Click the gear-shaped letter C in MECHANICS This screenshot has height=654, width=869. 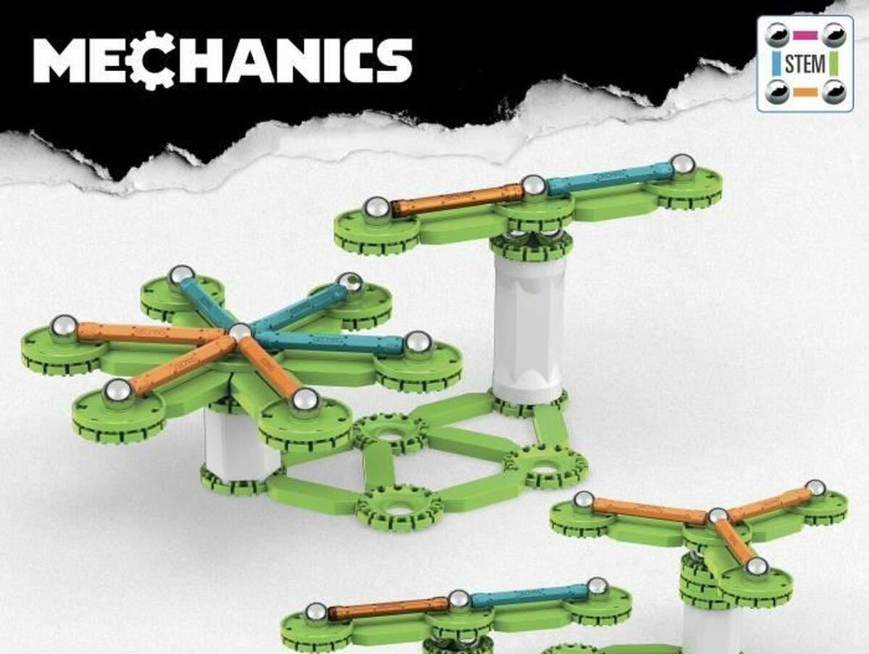click(153, 61)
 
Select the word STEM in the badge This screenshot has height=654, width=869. click(805, 64)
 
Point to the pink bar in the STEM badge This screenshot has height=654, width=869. click(805, 34)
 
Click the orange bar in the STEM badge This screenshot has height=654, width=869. click(805, 92)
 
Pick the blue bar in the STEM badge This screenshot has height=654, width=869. click(776, 64)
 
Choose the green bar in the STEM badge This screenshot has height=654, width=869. click(834, 64)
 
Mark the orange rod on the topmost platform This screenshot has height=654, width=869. click(456, 199)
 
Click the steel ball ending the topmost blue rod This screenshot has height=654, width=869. click(682, 165)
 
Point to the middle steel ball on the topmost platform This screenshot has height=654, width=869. click(534, 186)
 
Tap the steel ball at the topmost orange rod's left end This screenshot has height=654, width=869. click(377, 208)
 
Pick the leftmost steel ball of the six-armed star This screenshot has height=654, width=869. click(64, 326)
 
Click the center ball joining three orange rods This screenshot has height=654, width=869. click(718, 516)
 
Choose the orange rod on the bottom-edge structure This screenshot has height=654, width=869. click(388, 608)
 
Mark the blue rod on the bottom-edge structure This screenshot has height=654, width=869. click(529, 595)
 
